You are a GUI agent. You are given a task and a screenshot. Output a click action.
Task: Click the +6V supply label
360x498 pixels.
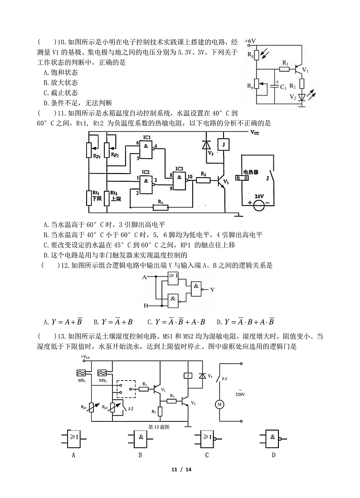251,41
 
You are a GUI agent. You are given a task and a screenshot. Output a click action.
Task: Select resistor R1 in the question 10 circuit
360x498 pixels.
284,69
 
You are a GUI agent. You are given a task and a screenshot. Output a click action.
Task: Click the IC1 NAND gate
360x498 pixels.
146,149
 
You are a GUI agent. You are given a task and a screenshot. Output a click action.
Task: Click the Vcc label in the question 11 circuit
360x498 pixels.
255,132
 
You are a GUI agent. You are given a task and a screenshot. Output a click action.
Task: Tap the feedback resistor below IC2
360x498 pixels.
160,208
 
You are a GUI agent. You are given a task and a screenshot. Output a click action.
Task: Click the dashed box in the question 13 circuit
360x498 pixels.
126,387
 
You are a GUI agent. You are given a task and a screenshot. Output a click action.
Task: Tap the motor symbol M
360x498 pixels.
219,404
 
